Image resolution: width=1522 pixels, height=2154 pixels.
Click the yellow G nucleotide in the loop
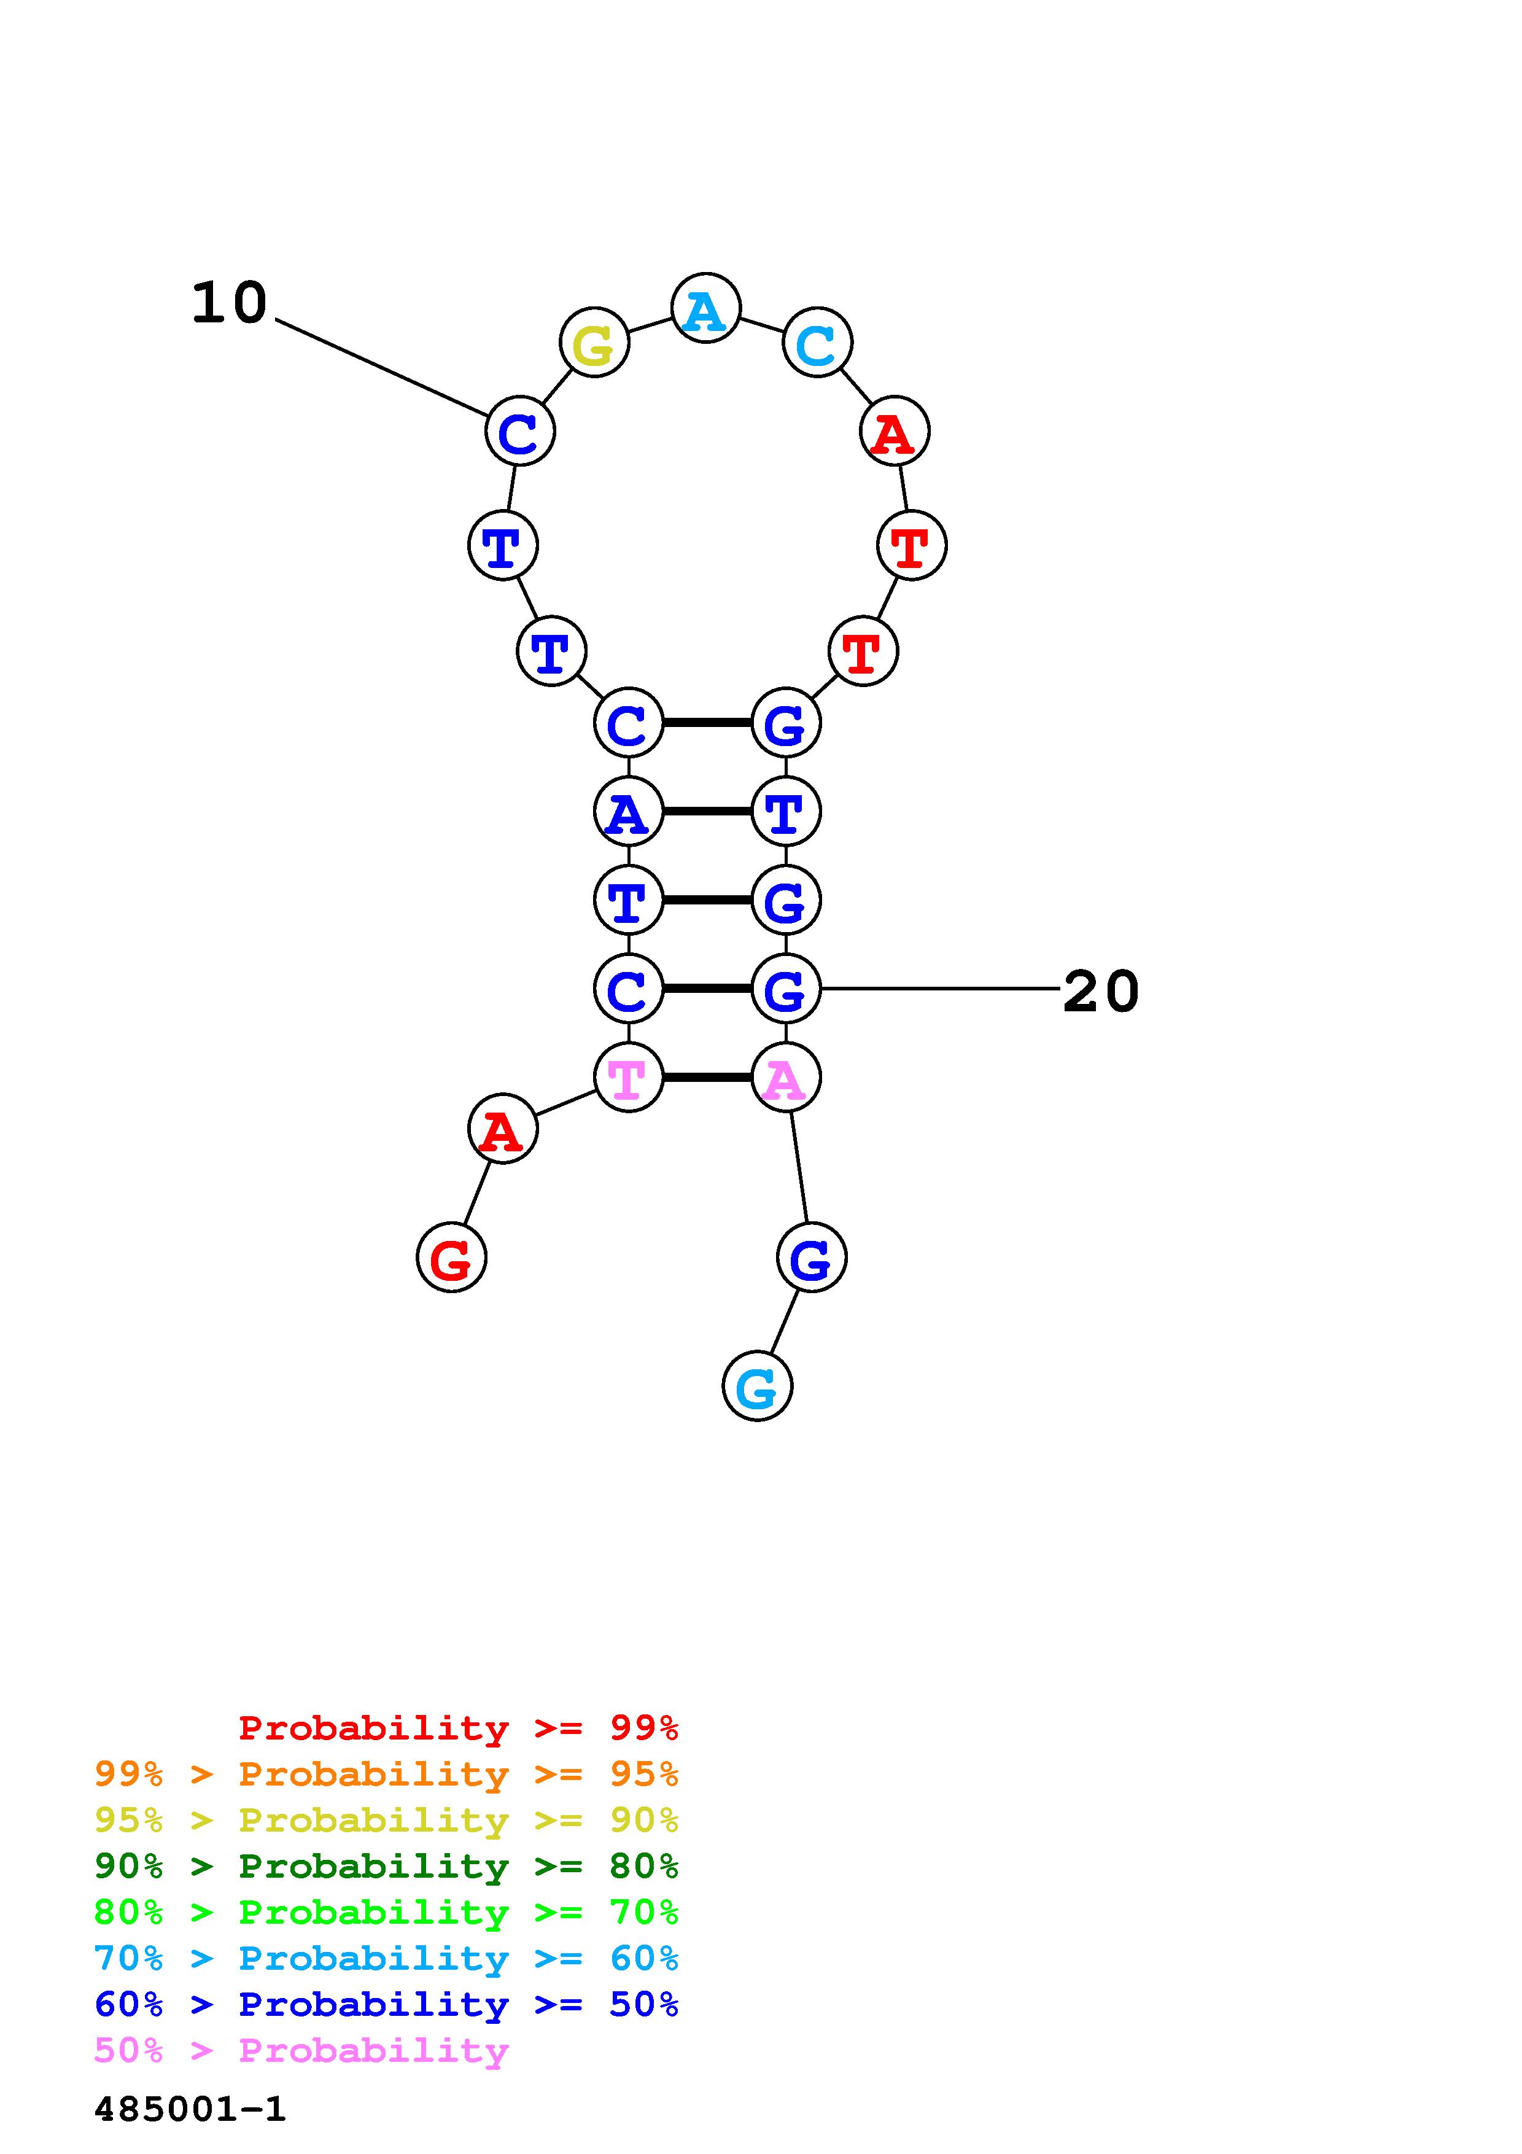[x=594, y=343]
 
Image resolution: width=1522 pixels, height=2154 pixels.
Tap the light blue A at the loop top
[x=706, y=309]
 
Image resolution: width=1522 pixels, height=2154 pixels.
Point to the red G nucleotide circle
[x=451, y=1257]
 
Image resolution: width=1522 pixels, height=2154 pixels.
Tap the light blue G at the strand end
[x=757, y=1386]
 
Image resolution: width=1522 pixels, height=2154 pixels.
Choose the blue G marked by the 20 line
[x=786, y=989]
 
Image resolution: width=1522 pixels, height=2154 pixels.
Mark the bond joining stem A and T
[x=707, y=811]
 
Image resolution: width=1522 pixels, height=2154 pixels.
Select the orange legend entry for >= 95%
[x=386, y=1774]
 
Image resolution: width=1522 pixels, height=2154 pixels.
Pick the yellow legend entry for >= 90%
[x=386, y=1820]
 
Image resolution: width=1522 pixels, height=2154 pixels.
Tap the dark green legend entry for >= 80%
[x=386, y=1866]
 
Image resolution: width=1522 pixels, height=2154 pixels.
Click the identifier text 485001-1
[x=190, y=2109]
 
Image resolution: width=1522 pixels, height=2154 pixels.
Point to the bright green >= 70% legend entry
[x=386, y=1912]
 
